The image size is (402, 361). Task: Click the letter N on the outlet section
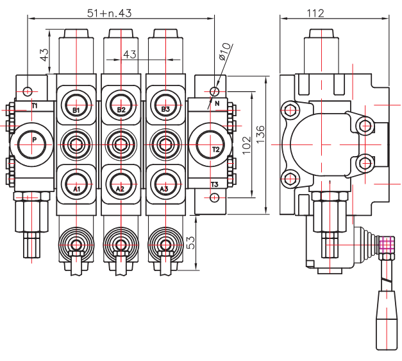[217, 103]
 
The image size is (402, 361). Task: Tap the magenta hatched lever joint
[385, 244]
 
